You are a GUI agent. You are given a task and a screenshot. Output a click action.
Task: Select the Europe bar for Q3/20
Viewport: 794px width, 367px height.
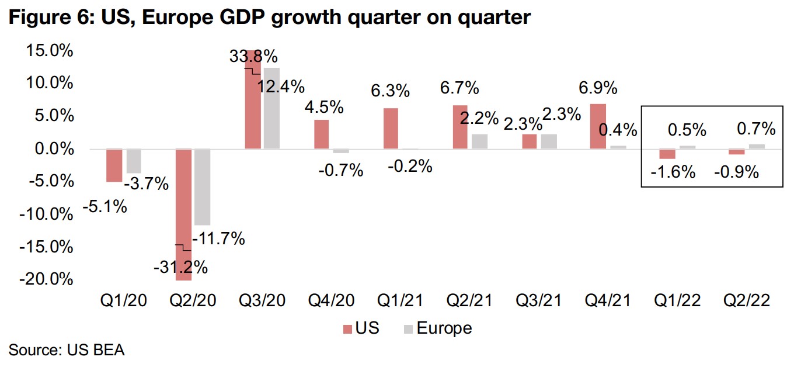point(271,109)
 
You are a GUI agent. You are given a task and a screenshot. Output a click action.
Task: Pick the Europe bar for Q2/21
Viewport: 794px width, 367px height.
point(479,142)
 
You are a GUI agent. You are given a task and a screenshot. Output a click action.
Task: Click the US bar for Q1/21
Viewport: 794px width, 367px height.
point(391,129)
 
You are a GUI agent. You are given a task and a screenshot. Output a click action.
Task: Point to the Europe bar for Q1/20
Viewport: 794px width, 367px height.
point(134,161)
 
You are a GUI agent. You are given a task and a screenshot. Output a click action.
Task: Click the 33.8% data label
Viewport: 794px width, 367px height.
point(253,58)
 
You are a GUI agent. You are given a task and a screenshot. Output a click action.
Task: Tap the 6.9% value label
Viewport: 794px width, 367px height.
point(597,89)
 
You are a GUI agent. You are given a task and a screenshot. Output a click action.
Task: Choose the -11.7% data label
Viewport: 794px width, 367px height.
point(219,238)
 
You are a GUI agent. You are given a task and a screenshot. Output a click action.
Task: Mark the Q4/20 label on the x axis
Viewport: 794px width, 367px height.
point(330,300)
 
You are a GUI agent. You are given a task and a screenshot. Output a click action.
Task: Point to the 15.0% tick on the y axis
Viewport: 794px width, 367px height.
point(49,51)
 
